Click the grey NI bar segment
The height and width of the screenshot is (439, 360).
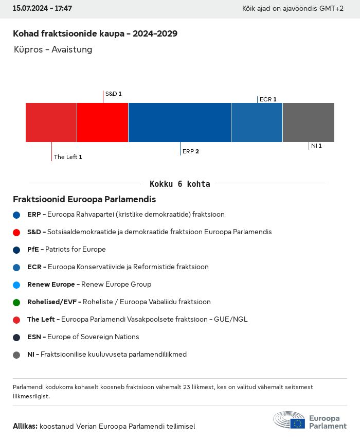click(309, 122)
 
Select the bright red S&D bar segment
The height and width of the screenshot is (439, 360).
click(103, 122)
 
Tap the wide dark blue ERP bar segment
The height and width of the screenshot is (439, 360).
click(179, 122)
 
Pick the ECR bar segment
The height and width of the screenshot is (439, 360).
click(257, 122)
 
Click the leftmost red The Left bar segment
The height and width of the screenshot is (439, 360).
click(51, 122)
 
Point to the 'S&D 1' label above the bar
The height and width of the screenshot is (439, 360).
click(113, 94)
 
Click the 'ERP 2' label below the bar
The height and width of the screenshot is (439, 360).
click(190, 151)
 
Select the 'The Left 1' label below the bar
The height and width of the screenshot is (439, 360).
click(68, 157)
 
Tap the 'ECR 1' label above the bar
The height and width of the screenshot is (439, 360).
click(268, 99)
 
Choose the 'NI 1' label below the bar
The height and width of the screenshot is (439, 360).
click(316, 146)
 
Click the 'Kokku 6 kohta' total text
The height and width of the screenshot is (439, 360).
click(179, 184)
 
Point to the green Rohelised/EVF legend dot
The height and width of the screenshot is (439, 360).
click(16, 302)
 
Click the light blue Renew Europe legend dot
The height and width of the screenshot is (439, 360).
click(16, 285)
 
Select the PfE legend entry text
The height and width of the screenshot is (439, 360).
click(66, 249)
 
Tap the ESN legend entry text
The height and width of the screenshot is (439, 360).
click(83, 337)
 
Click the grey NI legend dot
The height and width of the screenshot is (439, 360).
click(16, 355)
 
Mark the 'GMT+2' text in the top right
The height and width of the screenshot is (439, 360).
click(333, 9)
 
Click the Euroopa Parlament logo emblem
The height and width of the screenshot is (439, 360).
click(289, 420)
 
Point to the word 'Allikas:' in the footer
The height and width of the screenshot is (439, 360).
click(25, 426)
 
